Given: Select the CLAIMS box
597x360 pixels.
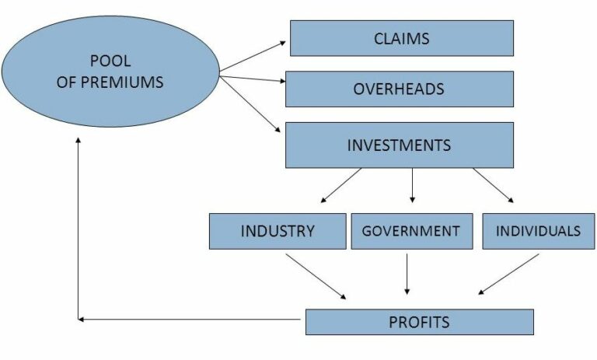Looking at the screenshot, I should click(x=401, y=38).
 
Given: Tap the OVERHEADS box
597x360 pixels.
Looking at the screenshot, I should click(x=399, y=89).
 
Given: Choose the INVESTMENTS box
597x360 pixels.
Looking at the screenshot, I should click(x=399, y=145).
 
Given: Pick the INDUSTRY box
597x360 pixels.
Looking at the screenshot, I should click(x=278, y=231).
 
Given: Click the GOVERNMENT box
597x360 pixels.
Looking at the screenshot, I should click(x=411, y=231).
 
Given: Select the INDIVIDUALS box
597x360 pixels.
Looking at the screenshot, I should click(x=538, y=231).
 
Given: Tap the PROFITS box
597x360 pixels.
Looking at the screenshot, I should click(x=419, y=321).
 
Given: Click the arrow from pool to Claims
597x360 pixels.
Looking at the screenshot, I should click(x=253, y=58).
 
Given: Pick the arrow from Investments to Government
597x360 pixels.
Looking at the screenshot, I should click(x=412, y=185).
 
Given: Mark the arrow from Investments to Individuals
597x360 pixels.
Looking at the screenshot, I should click(x=493, y=185).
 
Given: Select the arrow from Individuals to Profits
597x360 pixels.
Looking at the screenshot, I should click(x=509, y=274).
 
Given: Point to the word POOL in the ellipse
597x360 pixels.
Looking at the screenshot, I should click(x=110, y=62).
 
